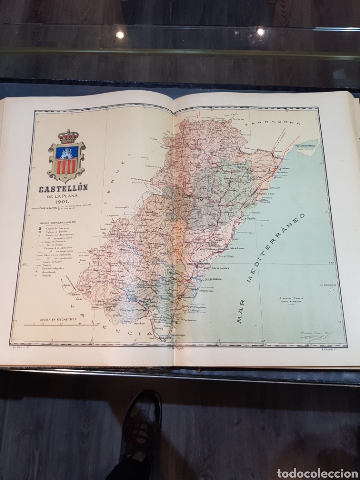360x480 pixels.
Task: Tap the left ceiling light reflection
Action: pos(120,34)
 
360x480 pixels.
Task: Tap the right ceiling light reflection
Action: pos(260,32)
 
